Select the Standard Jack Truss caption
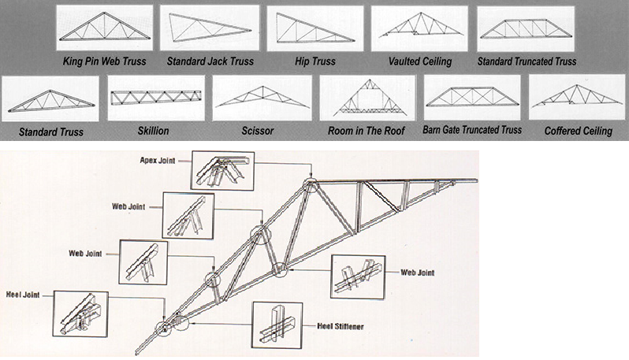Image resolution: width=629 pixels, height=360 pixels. pos(210,61)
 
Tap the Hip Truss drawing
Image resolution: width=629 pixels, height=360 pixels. pos(314,28)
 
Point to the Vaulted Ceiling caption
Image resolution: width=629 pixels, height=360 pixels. pos(419,61)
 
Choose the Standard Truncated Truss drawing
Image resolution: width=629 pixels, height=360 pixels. pos(526,28)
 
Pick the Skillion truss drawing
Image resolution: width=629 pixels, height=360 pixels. pos(155,98)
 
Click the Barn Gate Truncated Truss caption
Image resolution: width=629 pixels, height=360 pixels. pos(472,130)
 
